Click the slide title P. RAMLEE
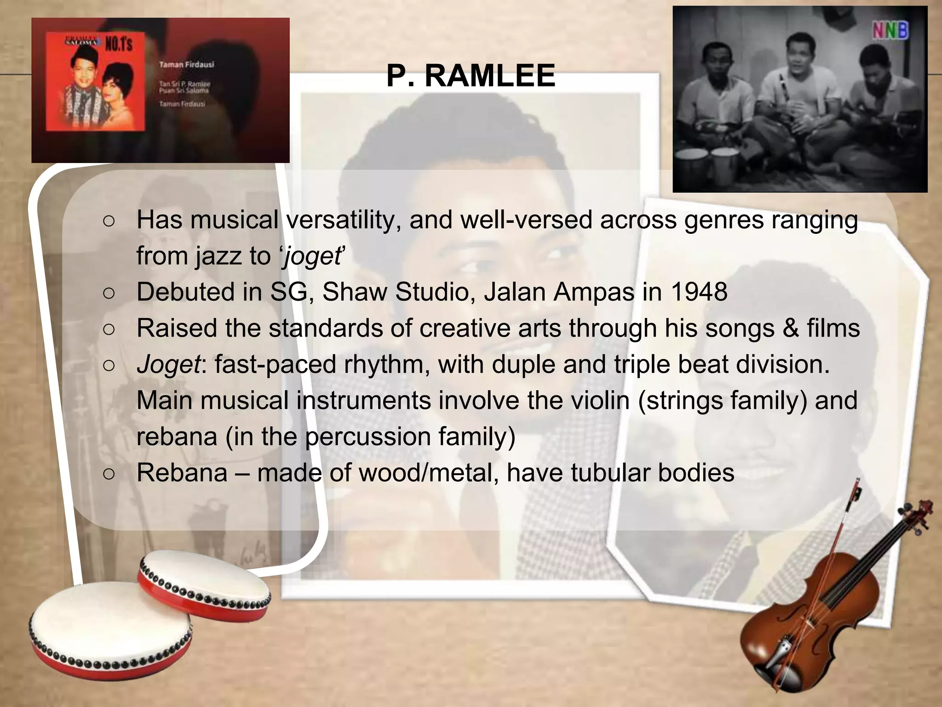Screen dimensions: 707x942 pos(471,75)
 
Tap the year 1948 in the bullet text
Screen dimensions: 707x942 pos(699,292)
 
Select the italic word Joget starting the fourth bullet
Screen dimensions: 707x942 pos(168,365)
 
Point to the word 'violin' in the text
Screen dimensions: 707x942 pos(600,400)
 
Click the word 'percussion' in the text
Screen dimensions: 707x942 pos(368,436)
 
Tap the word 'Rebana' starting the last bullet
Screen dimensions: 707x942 pos(182,473)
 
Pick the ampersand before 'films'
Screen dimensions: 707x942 pos(790,328)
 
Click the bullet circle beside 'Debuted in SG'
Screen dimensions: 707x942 pos(109,293)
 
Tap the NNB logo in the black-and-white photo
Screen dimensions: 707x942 pos(890,31)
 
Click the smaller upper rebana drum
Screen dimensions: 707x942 pos(205,585)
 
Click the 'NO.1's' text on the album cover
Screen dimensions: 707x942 pos(119,44)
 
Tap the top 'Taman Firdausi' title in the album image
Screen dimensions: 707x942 pos(186,64)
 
